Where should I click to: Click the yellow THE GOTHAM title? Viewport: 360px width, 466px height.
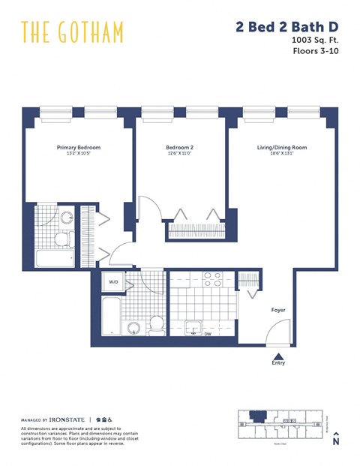(x=72, y=32)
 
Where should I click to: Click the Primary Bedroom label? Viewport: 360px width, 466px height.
(x=78, y=148)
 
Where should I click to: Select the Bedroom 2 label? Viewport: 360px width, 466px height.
(x=180, y=148)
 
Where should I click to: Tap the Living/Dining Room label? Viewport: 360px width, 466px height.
(x=277, y=148)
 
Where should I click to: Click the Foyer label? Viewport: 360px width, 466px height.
(x=278, y=310)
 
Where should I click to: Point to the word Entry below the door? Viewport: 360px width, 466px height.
(x=278, y=363)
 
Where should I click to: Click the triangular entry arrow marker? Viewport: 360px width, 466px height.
(x=278, y=356)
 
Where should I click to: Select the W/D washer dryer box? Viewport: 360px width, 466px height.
(x=114, y=283)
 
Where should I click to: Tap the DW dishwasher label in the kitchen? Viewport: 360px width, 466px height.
(x=208, y=334)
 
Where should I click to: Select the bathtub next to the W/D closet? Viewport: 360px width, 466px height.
(x=111, y=316)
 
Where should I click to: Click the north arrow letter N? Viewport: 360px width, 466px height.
(x=337, y=442)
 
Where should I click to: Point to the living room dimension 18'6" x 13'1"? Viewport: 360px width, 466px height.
(x=277, y=154)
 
